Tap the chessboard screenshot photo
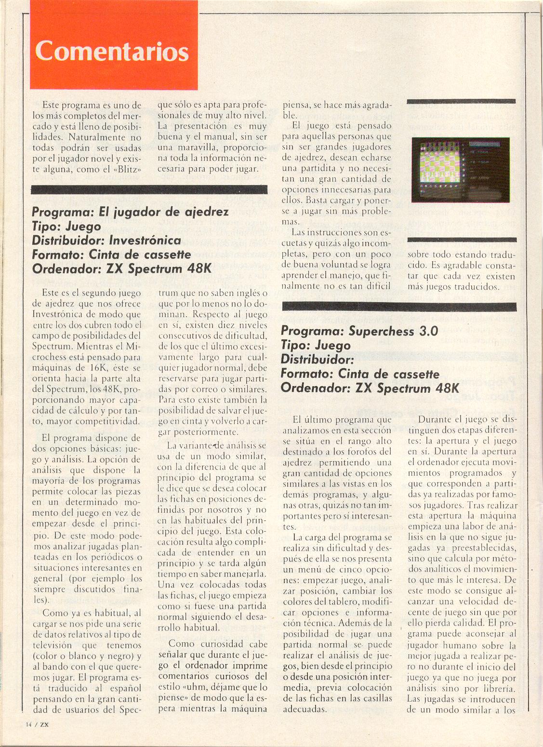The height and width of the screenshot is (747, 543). tap(460, 170)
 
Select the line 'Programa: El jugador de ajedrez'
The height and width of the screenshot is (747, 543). tap(131, 212)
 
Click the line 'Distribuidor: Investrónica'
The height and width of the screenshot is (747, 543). tap(106, 240)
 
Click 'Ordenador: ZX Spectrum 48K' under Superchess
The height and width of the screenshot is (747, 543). tap(370, 388)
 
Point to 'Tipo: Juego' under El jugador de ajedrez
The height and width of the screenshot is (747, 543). tap(66, 227)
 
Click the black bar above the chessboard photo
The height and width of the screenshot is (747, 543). tap(461, 102)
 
